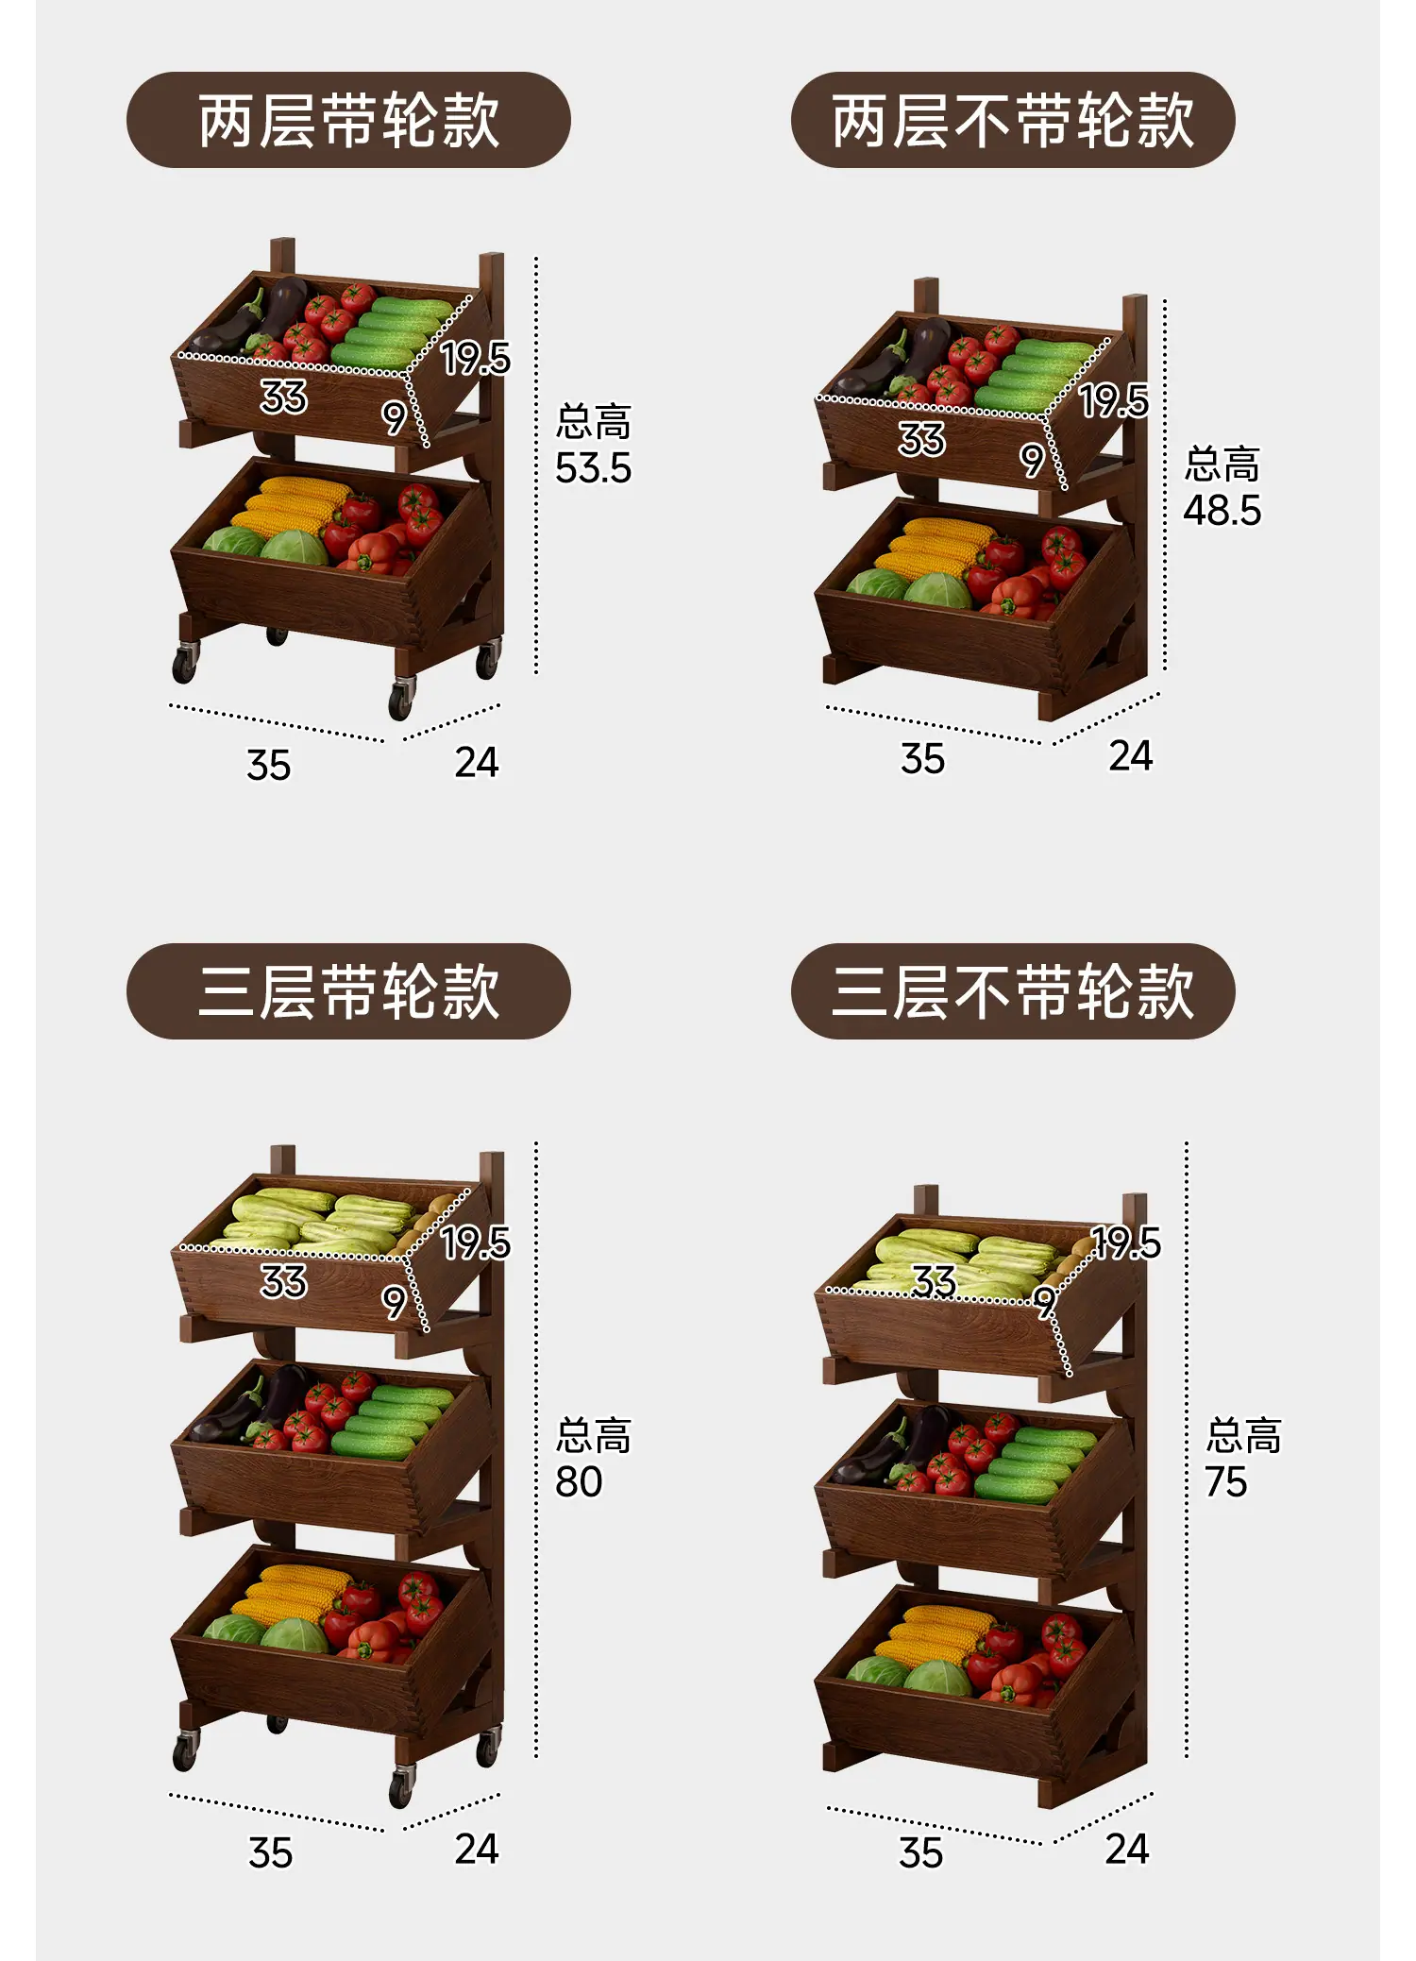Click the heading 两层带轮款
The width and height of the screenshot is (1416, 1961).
click(x=348, y=121)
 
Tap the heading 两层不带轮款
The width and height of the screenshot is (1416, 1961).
click(x=1013, y=121)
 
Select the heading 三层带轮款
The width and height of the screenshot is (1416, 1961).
click(x=348, y=991)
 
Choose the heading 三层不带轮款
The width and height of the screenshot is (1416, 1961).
click(x=1013, y=991)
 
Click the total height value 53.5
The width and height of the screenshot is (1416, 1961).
click(x=593, y=469)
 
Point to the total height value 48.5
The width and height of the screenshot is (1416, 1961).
click(x=1222, y=511)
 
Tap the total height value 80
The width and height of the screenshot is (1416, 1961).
click(x=579, y=1481)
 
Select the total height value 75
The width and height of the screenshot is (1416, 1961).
click(x=1226, y=1481)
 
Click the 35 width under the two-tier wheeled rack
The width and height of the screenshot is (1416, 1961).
click(x=269, y=766)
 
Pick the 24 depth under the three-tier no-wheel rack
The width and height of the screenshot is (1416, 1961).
click(x=1127, y=1849)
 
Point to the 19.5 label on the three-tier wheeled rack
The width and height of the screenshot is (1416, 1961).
click(x=476, y=1243)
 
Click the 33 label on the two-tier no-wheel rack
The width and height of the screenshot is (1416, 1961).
click(x=921, y=439)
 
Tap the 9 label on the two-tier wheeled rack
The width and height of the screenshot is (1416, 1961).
click(x=394, y=416)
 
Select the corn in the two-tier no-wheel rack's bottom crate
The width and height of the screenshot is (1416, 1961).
click(x=940, y=548)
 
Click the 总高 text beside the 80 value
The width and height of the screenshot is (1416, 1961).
click(x=593, y=1435)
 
